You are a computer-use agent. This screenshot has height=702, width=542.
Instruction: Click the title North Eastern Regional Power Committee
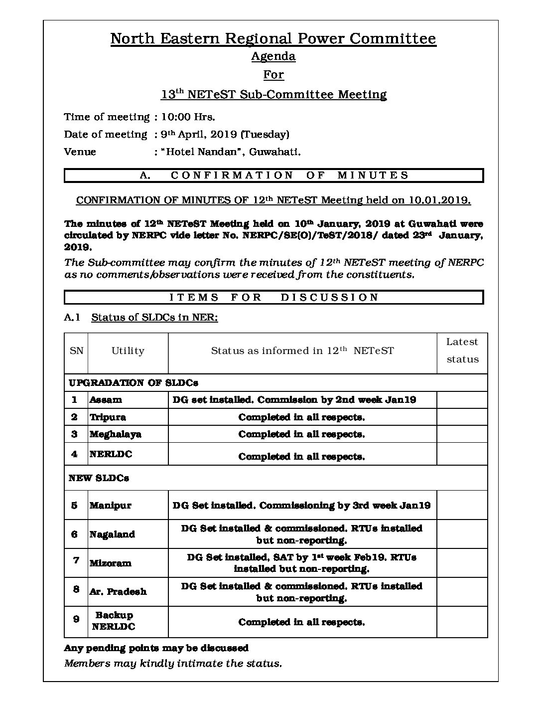pyautogui.click(x=273, y=38)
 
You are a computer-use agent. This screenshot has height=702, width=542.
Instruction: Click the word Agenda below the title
pyautogui.click(x=273, y=56)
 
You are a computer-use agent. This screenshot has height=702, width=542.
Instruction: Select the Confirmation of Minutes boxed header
pyautogui.click(x=273, y=175)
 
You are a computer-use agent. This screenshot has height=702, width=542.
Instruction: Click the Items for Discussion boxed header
pyautogui.click(x=273, y=297)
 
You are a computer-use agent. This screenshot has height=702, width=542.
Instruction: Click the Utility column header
pyautogui.click(x=128, y=351)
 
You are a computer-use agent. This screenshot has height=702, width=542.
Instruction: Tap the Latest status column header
pyautogui.click(x=462, y=351)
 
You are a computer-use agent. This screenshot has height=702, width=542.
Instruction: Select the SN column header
pyautogui.click(x=76, y=351)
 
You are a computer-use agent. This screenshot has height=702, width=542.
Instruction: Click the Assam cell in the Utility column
pyautogui.click(x=106, y=400)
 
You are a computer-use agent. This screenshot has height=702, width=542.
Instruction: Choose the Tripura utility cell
pyautogui.click(x=108, y=417)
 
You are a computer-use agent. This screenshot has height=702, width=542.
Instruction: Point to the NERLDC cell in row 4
pyautogui.click(x=111, y=454)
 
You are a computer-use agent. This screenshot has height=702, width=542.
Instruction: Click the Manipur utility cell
pyautogui.click(x=110, y=505)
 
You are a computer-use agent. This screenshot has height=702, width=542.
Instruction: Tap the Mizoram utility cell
pyautogui.click(x=110, y=563)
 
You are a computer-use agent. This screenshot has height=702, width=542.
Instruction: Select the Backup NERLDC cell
pyautogui.click(x=114, y=621)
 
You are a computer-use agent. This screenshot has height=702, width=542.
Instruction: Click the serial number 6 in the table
pyautogui.click(x=75, y=534)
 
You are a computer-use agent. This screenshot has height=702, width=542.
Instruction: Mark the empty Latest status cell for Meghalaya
pyautogui.click(x=462, y=434)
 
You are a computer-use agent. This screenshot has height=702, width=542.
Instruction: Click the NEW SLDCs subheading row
pyautogui.click(x=99, y=478)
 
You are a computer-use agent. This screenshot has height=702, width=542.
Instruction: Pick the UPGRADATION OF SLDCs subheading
pyautogui.click(x=134, y=382)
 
